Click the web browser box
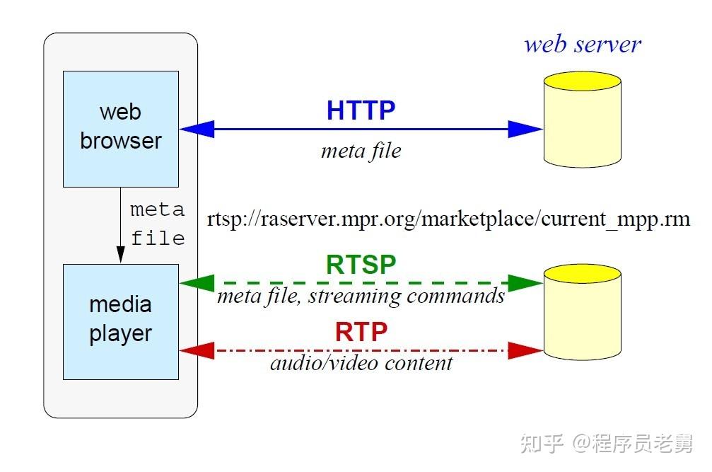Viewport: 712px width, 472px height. coord(120,128)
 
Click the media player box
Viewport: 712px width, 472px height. coord(120,321)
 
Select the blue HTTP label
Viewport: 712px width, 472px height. coord(361,110)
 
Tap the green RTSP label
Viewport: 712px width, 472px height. coord(361,264)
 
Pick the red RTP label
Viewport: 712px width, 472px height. coord(361,331)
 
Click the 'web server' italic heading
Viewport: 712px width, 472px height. coord(582,44)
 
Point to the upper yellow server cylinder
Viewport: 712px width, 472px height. coord(582,120)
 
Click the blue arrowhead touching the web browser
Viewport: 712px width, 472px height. coord(197,129)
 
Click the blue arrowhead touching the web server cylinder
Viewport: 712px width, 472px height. coord(525,129)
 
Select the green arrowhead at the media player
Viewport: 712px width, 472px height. coord(197,283)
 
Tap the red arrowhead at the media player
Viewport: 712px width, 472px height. coord(197,350)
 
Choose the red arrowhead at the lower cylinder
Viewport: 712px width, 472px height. coord(525,350)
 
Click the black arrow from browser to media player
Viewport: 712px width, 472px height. coord(120,226)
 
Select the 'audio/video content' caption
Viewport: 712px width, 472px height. coord(361,363)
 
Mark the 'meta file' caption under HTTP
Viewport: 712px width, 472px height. coord(361,151)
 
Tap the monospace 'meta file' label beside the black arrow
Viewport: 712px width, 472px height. coord(157,224)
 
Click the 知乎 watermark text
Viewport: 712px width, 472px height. coord(542,444)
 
